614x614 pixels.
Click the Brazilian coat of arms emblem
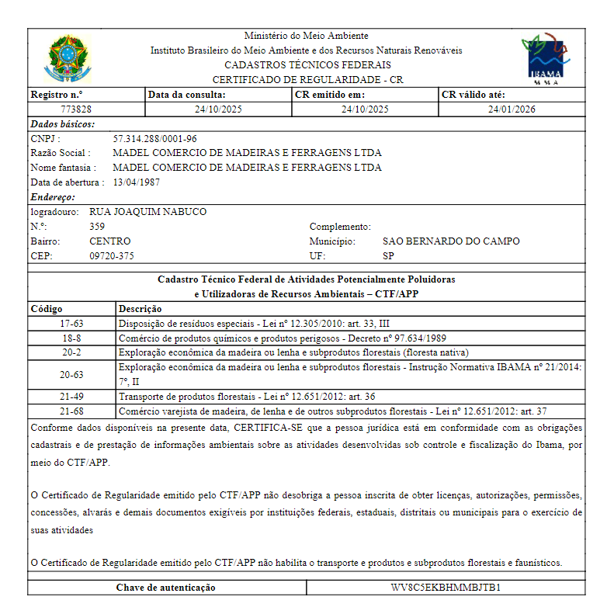[x=68, y=58]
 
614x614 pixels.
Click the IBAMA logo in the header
[x=544, y=58]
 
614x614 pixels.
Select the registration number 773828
[x=76, y=109]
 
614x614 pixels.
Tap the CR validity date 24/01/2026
[x=512, y=109]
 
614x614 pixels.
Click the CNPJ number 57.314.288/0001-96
[x=155, y=139]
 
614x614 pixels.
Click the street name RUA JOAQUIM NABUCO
[x=148, y=212]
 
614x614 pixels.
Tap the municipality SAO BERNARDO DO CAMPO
[x=451, y=241]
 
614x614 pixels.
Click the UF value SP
[x=389, y=256]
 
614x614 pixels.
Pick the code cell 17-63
[x=71, y=324]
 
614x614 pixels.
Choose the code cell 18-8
[x=71, y=338]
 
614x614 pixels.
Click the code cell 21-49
[x=71, y=397]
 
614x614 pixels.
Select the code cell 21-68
[x=71, y=411]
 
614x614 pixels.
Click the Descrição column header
[x=140, y=309]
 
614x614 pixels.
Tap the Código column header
[x=47, y=309]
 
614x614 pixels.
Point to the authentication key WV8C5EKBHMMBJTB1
[x=445, y=588]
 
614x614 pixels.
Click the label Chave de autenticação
[x=166, y=588]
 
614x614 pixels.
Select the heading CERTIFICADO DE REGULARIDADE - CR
[x=307, y=80]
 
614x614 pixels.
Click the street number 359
[x=98, y=227]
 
